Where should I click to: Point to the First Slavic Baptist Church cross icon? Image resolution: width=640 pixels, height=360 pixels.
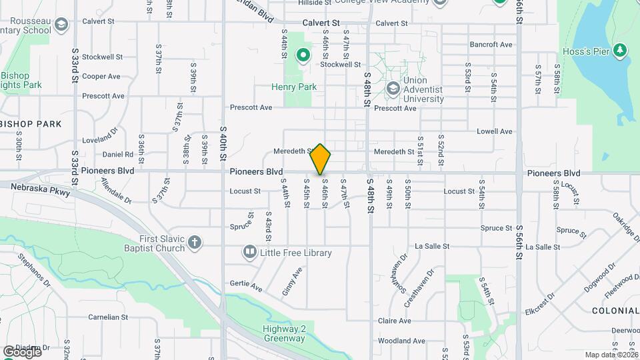pos(195,243)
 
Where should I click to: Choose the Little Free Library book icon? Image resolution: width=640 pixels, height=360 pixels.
pos(250,252)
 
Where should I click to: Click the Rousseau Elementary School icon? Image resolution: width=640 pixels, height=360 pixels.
pos(61,25)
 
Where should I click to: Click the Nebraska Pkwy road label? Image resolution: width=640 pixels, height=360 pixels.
pos(40,188)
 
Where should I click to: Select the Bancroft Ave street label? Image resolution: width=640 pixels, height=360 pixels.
pos(491,45)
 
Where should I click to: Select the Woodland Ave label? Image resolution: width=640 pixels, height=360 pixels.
pos(401,341)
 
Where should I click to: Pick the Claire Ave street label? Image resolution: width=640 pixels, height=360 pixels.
pos(394,321)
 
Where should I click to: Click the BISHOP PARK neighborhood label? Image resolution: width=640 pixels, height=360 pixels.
pos(31,124)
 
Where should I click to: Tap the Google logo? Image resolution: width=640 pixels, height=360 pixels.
pos(21,351)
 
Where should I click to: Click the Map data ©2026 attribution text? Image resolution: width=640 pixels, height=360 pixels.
pos(611,355)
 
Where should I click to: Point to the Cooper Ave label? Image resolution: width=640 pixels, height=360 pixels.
pos(101,77)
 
